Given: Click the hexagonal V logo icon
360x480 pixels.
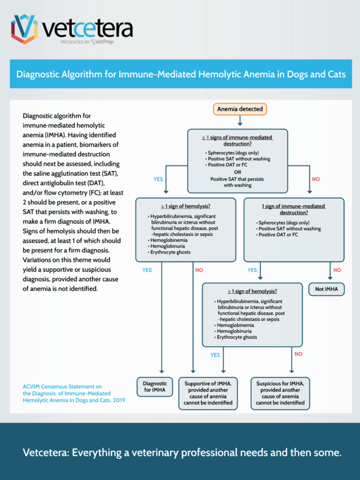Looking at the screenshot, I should click(x=24, y=29).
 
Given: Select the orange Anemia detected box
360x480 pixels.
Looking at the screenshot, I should click(x=240, y=109).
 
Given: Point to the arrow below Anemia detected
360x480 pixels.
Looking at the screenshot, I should click(x=240, y=121).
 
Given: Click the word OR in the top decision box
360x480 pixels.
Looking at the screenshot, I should click(x=238, y=172).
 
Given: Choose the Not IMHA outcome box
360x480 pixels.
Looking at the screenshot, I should click(x=327, y=289).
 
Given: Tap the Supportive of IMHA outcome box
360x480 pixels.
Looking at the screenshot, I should click(x=209, y=392).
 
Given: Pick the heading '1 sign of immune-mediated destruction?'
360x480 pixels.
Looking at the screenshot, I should click(x=294, y=209).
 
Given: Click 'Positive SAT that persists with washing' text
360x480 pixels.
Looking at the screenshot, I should click(x=238, y=182).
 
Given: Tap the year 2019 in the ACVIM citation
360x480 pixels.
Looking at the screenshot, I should click(x=117, y=399).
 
